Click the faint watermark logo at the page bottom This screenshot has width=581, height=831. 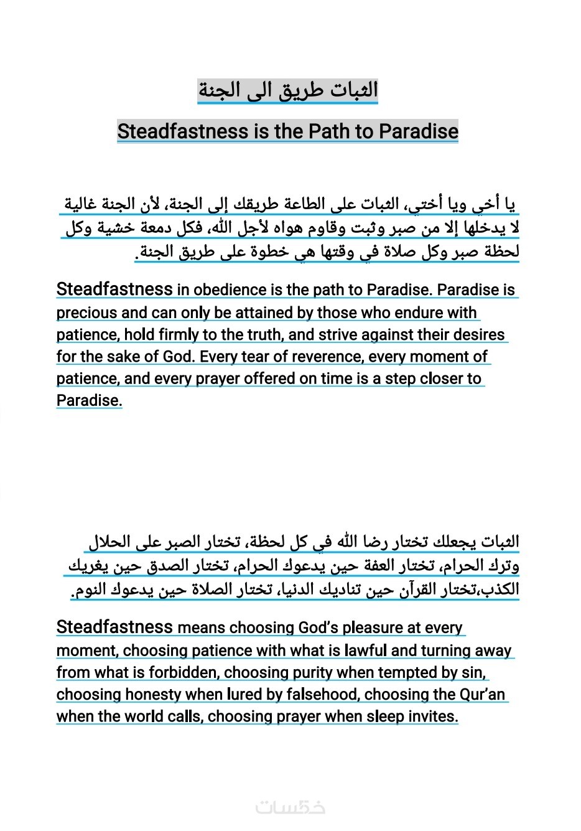(x=290, y=807)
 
